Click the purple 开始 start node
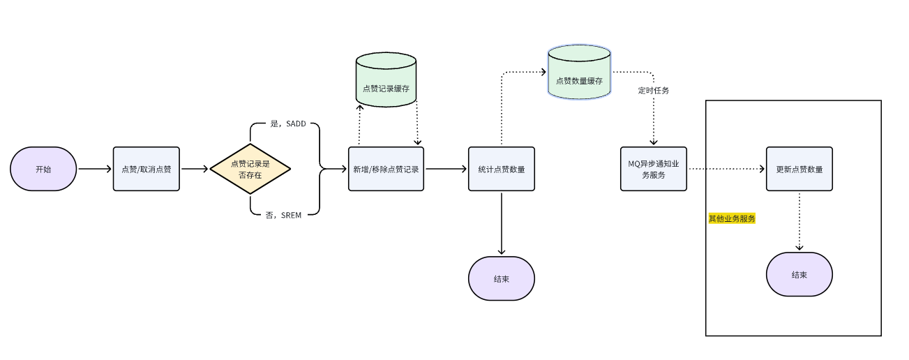tap(43, 169)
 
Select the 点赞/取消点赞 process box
tap(147, 169)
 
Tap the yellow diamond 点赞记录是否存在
tap(250, 169)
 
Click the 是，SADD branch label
tap(287, 124)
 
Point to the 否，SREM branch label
tap(283, 216)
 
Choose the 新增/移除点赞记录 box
tap(386, 169)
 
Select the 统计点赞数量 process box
tap(502, 169)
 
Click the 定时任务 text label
tap(654, 91)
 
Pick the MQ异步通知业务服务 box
tap(654, 169)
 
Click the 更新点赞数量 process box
tap(799, 169)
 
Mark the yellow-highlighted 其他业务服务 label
tap(732, 218)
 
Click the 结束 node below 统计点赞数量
tap(502, 278)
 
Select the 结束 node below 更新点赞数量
tap(799, 274)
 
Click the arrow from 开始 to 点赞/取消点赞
tap(95, 169)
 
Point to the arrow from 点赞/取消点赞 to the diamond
tap(195, 169)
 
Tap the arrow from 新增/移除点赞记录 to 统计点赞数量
tap(446, 169)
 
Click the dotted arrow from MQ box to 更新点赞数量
tap(726, 169)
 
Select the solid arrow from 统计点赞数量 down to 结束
tap(502, 223)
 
